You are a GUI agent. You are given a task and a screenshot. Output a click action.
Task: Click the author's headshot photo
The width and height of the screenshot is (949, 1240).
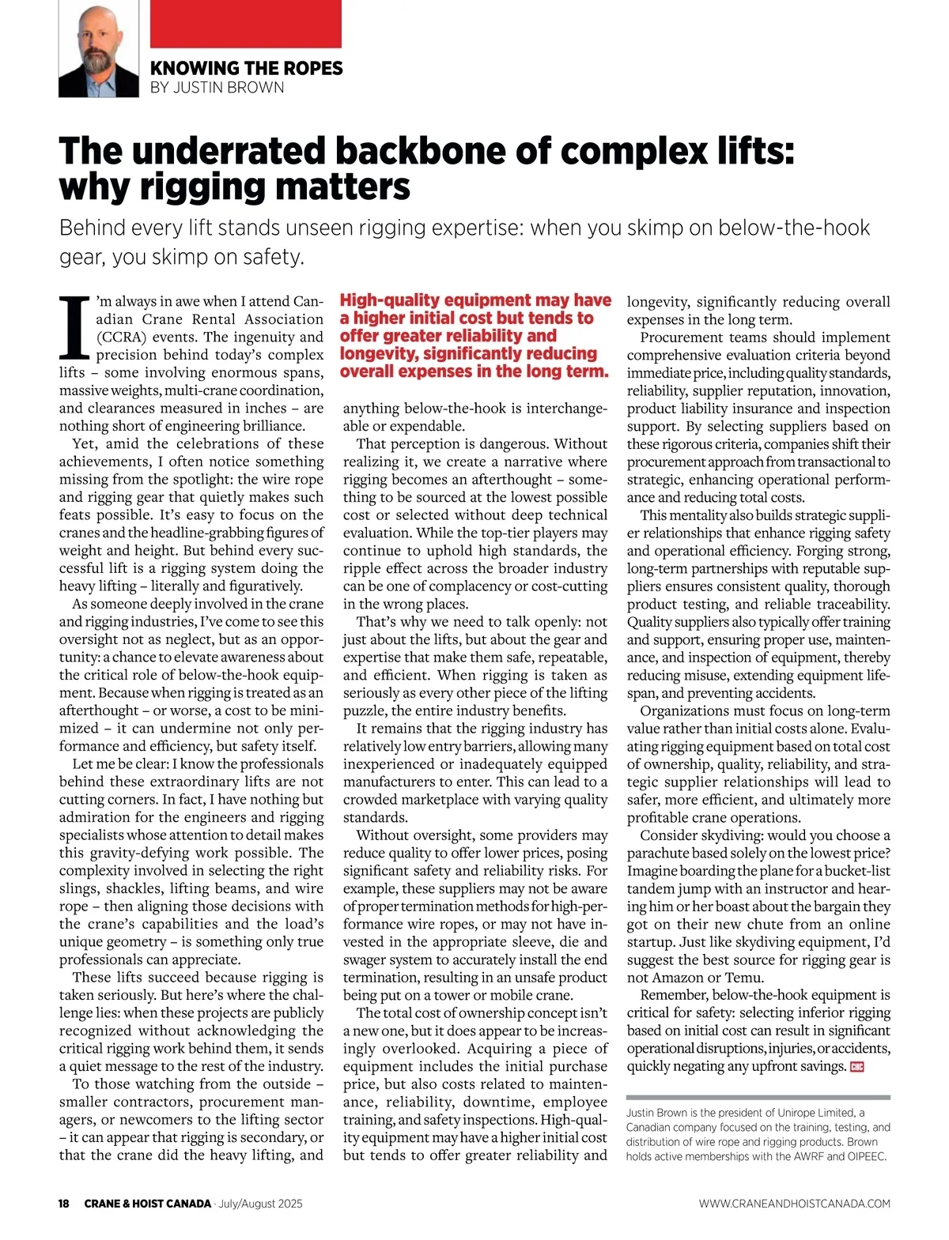[x=99, y=49]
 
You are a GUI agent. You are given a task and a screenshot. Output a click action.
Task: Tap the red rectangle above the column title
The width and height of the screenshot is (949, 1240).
[x=245, y=24]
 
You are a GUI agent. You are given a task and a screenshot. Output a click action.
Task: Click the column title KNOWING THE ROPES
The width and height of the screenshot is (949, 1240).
[x=246, y=69]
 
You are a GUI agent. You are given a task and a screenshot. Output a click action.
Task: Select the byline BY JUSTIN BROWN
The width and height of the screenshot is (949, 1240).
[x=217, y=88]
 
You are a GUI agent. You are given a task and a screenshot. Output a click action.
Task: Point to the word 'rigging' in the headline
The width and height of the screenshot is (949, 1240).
[x=201, y=187]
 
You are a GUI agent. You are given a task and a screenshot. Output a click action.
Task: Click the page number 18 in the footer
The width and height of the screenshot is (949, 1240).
[x=64, y=1204]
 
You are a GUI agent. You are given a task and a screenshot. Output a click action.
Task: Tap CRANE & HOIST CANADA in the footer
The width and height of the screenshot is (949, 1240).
[x=148, y=1204]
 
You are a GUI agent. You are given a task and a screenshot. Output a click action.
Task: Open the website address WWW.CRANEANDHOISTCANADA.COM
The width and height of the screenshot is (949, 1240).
[x=794, y=1204]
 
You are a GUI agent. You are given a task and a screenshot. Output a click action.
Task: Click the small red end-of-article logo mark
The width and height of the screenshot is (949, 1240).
[x=856, y=1067]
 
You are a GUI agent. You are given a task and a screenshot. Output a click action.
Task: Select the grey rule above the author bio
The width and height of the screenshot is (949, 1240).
[x=758, y=1098]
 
